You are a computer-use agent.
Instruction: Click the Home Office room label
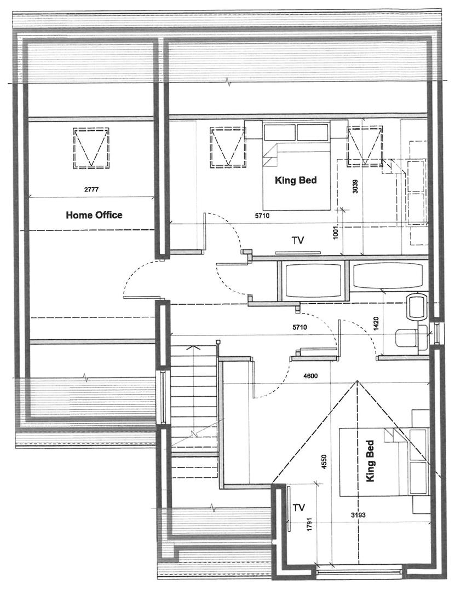point(94,215)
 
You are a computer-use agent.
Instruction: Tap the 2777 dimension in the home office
point(91,189)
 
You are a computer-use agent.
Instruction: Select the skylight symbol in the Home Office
point(90,148)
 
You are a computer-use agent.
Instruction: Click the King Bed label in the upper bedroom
point(296,180)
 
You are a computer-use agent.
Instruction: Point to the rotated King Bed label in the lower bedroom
point(370,461)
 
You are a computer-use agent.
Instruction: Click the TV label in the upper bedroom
point(298,240)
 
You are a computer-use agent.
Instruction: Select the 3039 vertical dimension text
point(355,187)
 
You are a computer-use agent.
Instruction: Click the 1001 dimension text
point(336,232)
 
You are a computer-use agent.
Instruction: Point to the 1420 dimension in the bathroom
point(376,324)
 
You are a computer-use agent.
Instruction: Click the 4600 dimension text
point(310,376)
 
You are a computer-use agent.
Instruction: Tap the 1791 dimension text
point(309,525)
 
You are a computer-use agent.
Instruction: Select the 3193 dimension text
point(358,515)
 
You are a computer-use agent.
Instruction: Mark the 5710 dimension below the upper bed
point(263,216)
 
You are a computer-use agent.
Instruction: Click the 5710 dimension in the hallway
point(300,327)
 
